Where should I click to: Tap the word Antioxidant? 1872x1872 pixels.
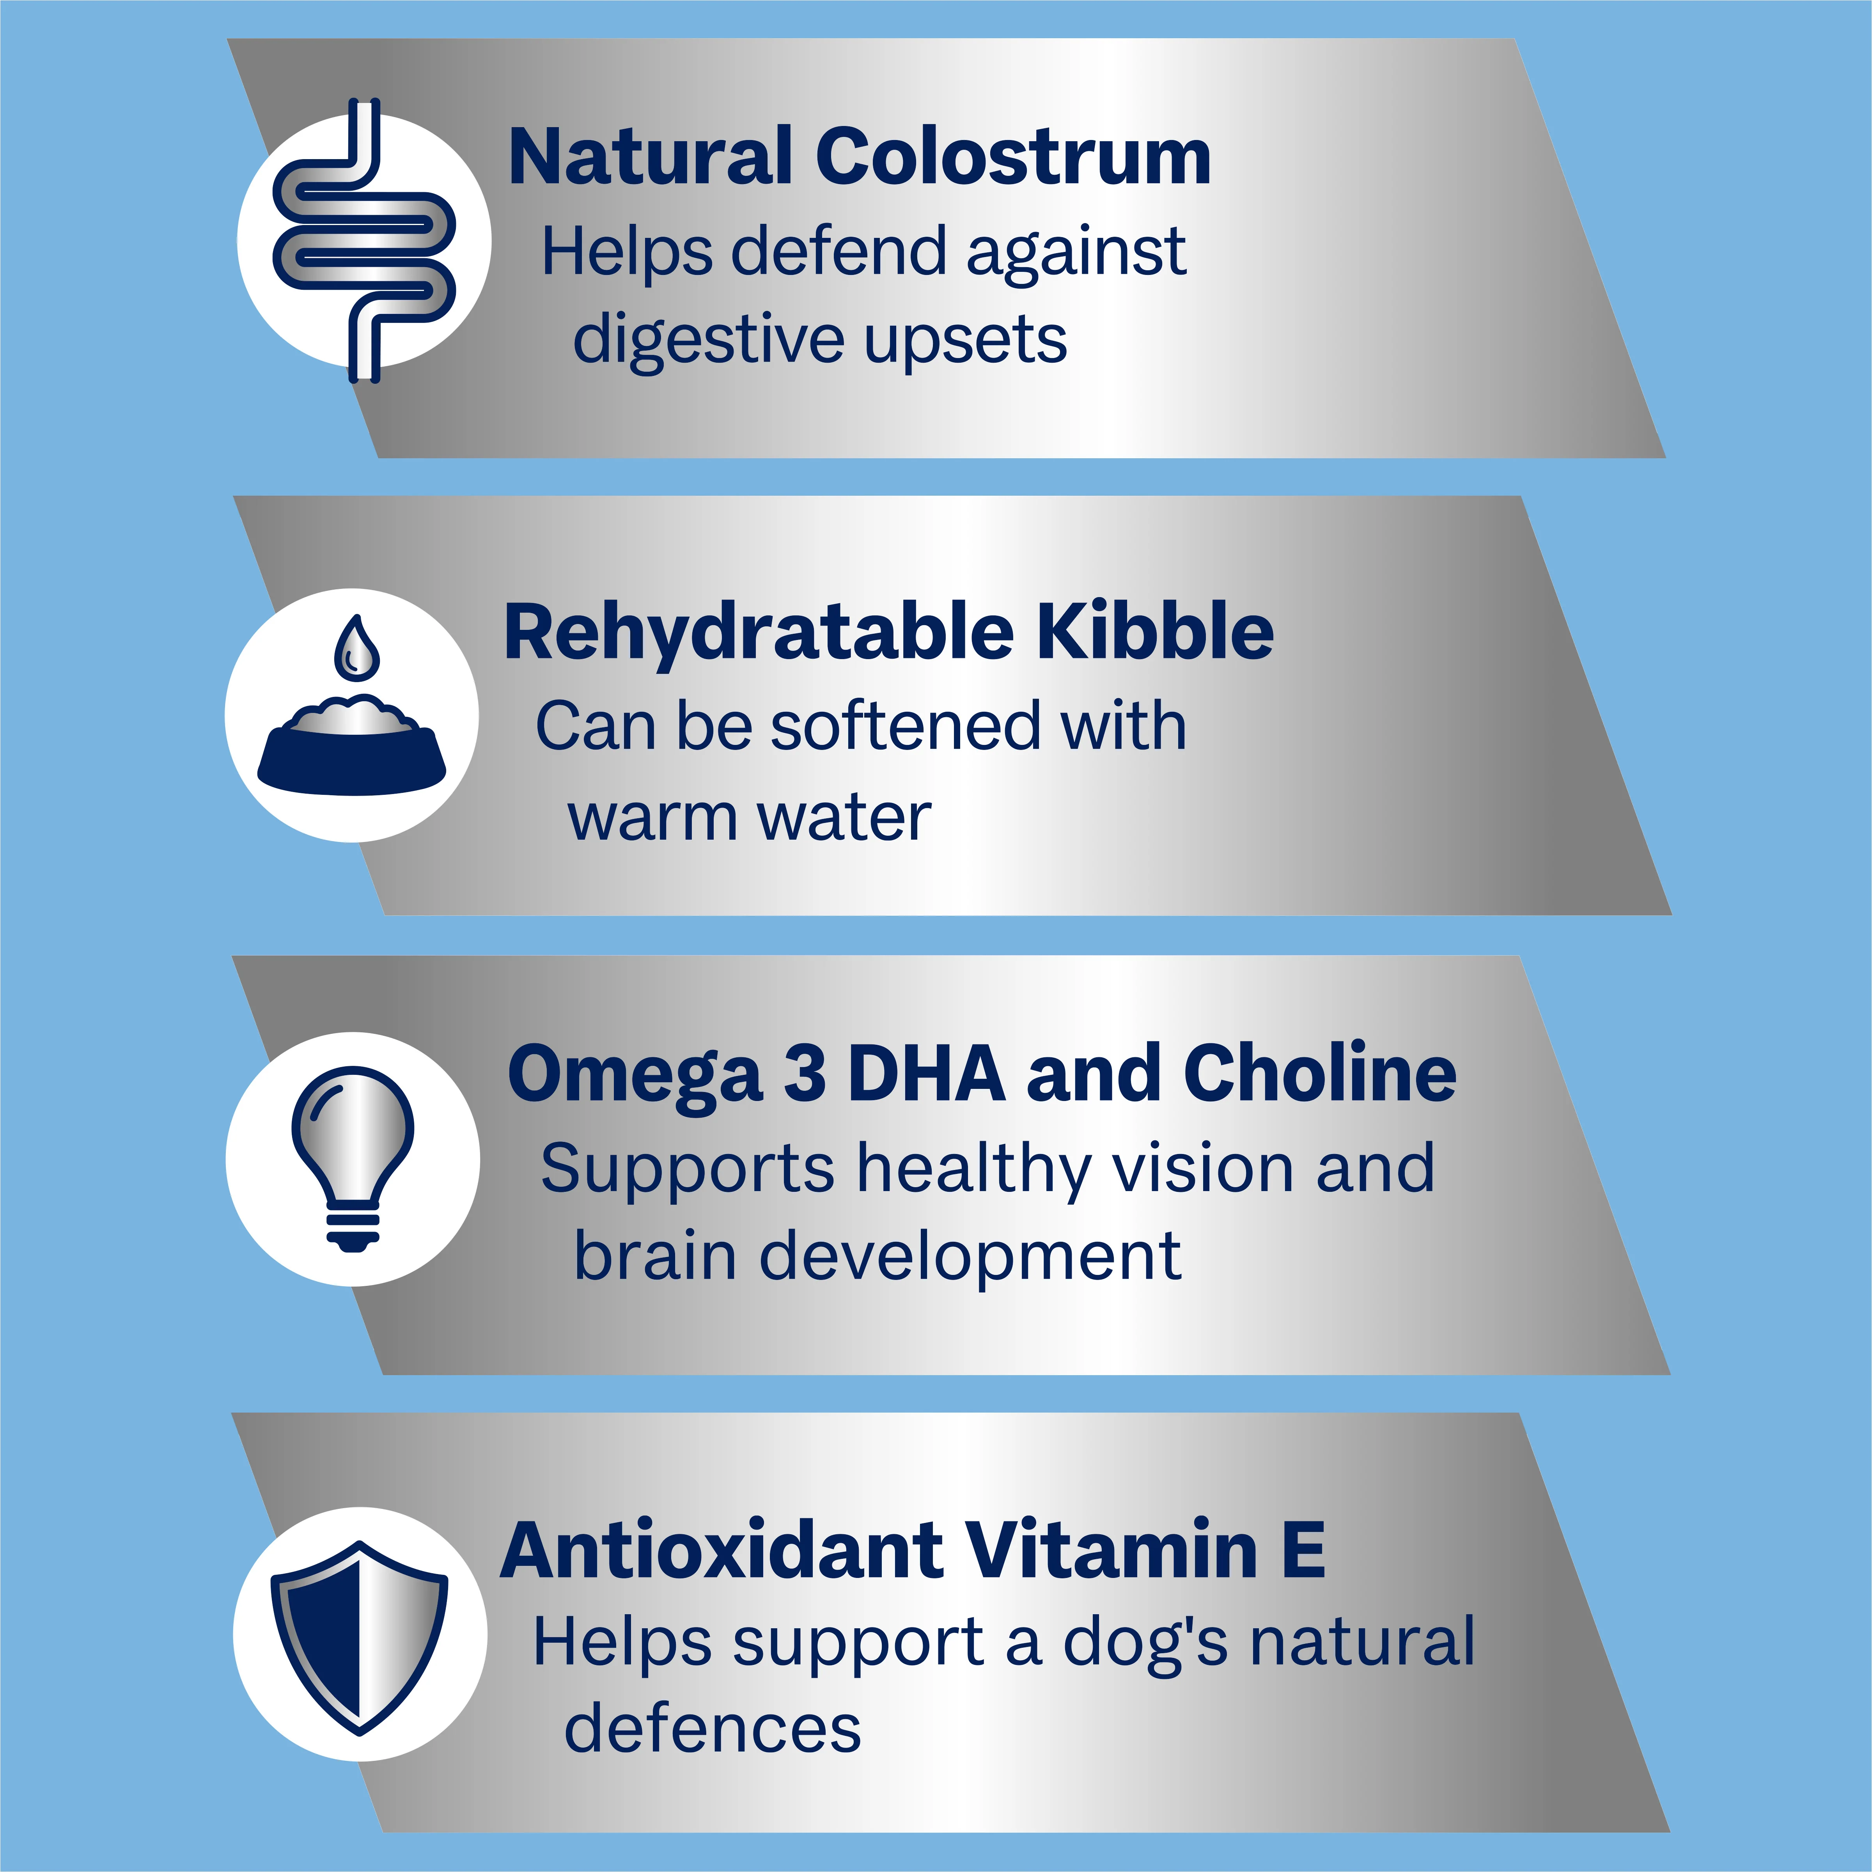[x=722, y=1550]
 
